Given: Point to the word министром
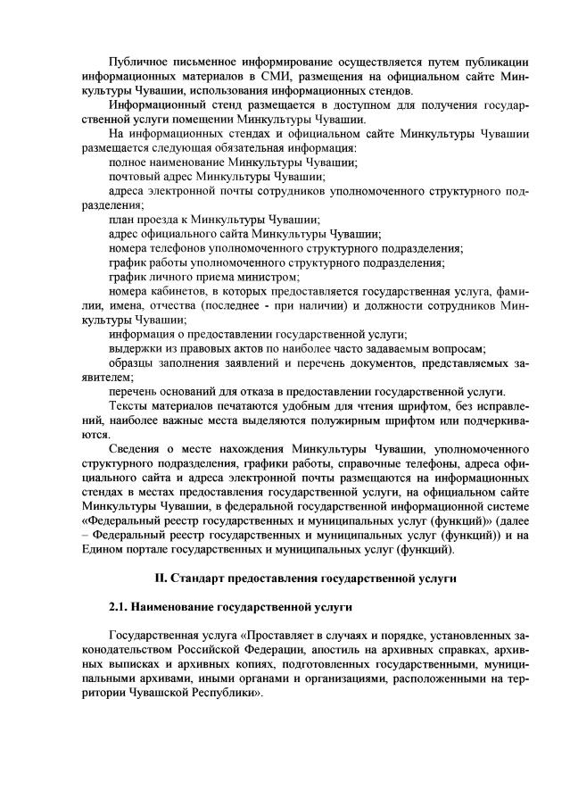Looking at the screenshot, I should (270, 277).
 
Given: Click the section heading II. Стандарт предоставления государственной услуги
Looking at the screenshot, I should (299, 578).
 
